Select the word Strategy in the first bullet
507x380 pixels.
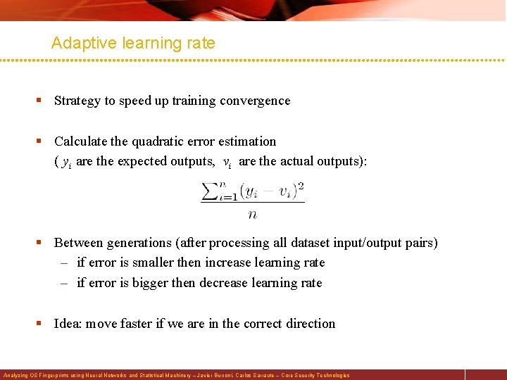[77, 101]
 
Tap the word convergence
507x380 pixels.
[255, 101]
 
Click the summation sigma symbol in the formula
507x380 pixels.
[210, 191]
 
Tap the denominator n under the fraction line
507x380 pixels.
[252, 214]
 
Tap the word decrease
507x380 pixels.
[224, 283]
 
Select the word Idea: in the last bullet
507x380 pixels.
[69, 324]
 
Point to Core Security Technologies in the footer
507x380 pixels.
[315, 376]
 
